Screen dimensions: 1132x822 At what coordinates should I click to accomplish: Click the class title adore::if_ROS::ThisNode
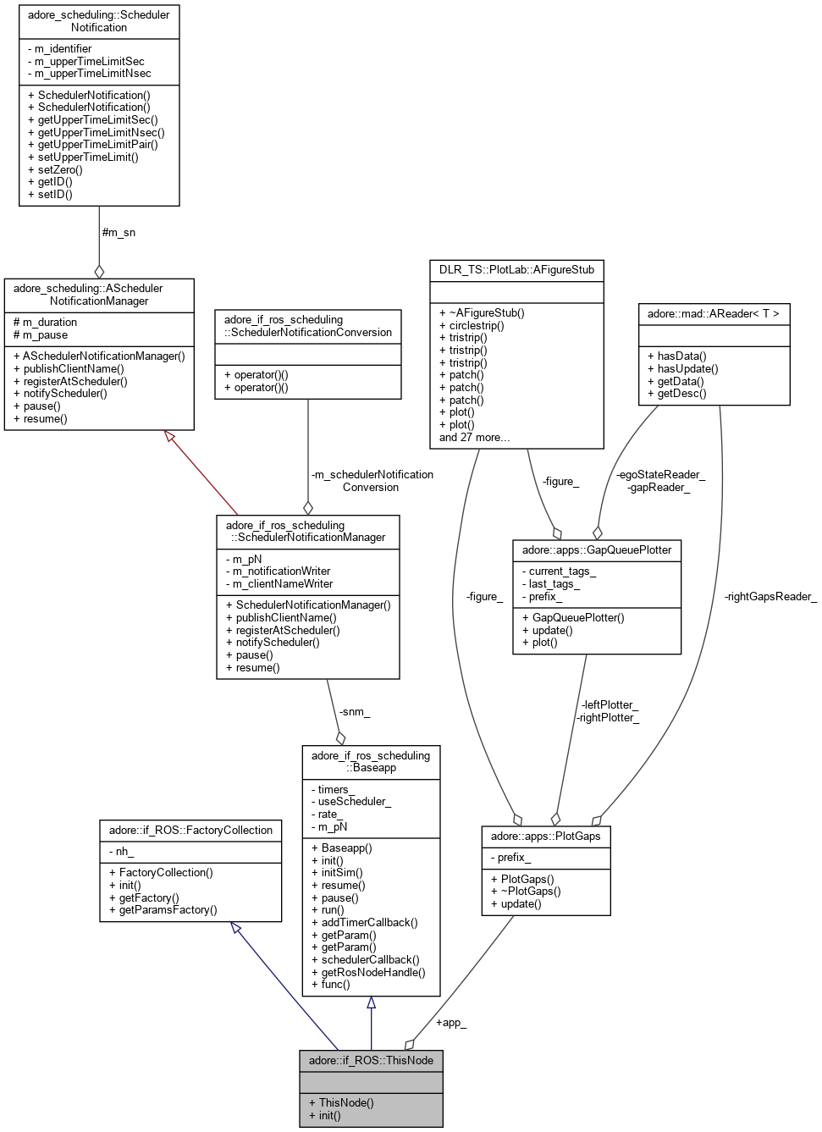pos(371,1060)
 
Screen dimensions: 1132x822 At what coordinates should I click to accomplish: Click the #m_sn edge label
pos(119,232)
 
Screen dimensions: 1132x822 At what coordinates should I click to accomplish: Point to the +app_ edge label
pos(450,1022)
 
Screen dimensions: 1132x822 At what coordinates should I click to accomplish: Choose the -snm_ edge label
pos(354,711)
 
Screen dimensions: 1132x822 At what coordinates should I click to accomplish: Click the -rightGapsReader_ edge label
pos(770,596)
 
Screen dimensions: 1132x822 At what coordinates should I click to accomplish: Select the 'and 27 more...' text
pos(474,437)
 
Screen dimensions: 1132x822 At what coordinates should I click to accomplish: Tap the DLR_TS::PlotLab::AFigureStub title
pos(516,270)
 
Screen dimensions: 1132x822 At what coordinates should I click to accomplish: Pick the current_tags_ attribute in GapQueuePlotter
pos(559,572)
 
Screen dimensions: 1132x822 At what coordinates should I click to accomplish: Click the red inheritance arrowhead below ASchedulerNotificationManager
pos(170,436)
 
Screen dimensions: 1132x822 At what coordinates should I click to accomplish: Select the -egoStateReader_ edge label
pos(660,474)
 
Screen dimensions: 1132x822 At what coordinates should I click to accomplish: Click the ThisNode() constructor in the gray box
pos(341,1102)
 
